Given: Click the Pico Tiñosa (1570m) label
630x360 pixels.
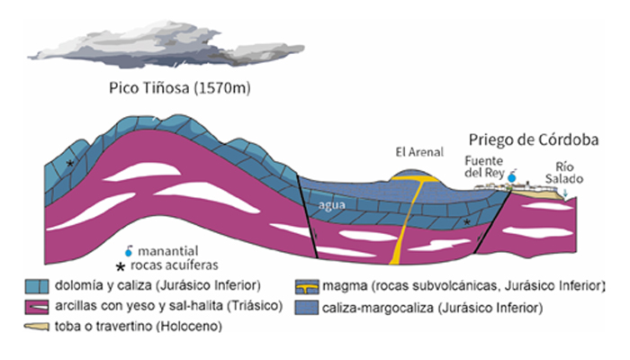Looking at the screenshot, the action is pos(180,87).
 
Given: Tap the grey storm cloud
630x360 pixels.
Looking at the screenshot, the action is pos(166,45).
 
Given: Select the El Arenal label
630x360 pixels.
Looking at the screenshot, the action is pos(419,152).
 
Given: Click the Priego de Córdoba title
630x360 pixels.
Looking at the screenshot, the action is pos(534,139).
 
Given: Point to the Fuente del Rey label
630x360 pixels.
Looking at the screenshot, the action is pos(484,166).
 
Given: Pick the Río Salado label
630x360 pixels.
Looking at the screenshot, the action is pos(564,173).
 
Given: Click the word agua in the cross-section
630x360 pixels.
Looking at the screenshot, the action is pos(332,205).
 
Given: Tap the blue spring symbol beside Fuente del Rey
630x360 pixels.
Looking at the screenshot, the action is pos(512,176).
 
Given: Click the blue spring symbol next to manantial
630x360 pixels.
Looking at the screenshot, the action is pos(129,251).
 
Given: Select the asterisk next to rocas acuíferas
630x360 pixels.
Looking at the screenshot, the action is pos(120,266).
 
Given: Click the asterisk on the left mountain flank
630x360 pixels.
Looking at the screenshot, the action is pos(70,164).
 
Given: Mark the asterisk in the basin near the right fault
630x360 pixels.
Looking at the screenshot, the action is pos(466,222).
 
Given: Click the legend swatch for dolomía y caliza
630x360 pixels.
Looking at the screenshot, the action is pos(37,286).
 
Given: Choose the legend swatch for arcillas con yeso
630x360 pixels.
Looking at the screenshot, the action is pos(37,307).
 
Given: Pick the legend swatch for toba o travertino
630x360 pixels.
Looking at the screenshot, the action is pos(37,327).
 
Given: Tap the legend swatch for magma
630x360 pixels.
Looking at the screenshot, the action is pos(307,287).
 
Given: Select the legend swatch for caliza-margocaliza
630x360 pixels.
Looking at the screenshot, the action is pos(307,308).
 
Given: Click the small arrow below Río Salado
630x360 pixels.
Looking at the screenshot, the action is pos(565,193).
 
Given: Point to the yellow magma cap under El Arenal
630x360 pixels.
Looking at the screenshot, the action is pos(416,178).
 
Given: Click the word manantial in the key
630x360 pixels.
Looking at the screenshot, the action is pos(168,251).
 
